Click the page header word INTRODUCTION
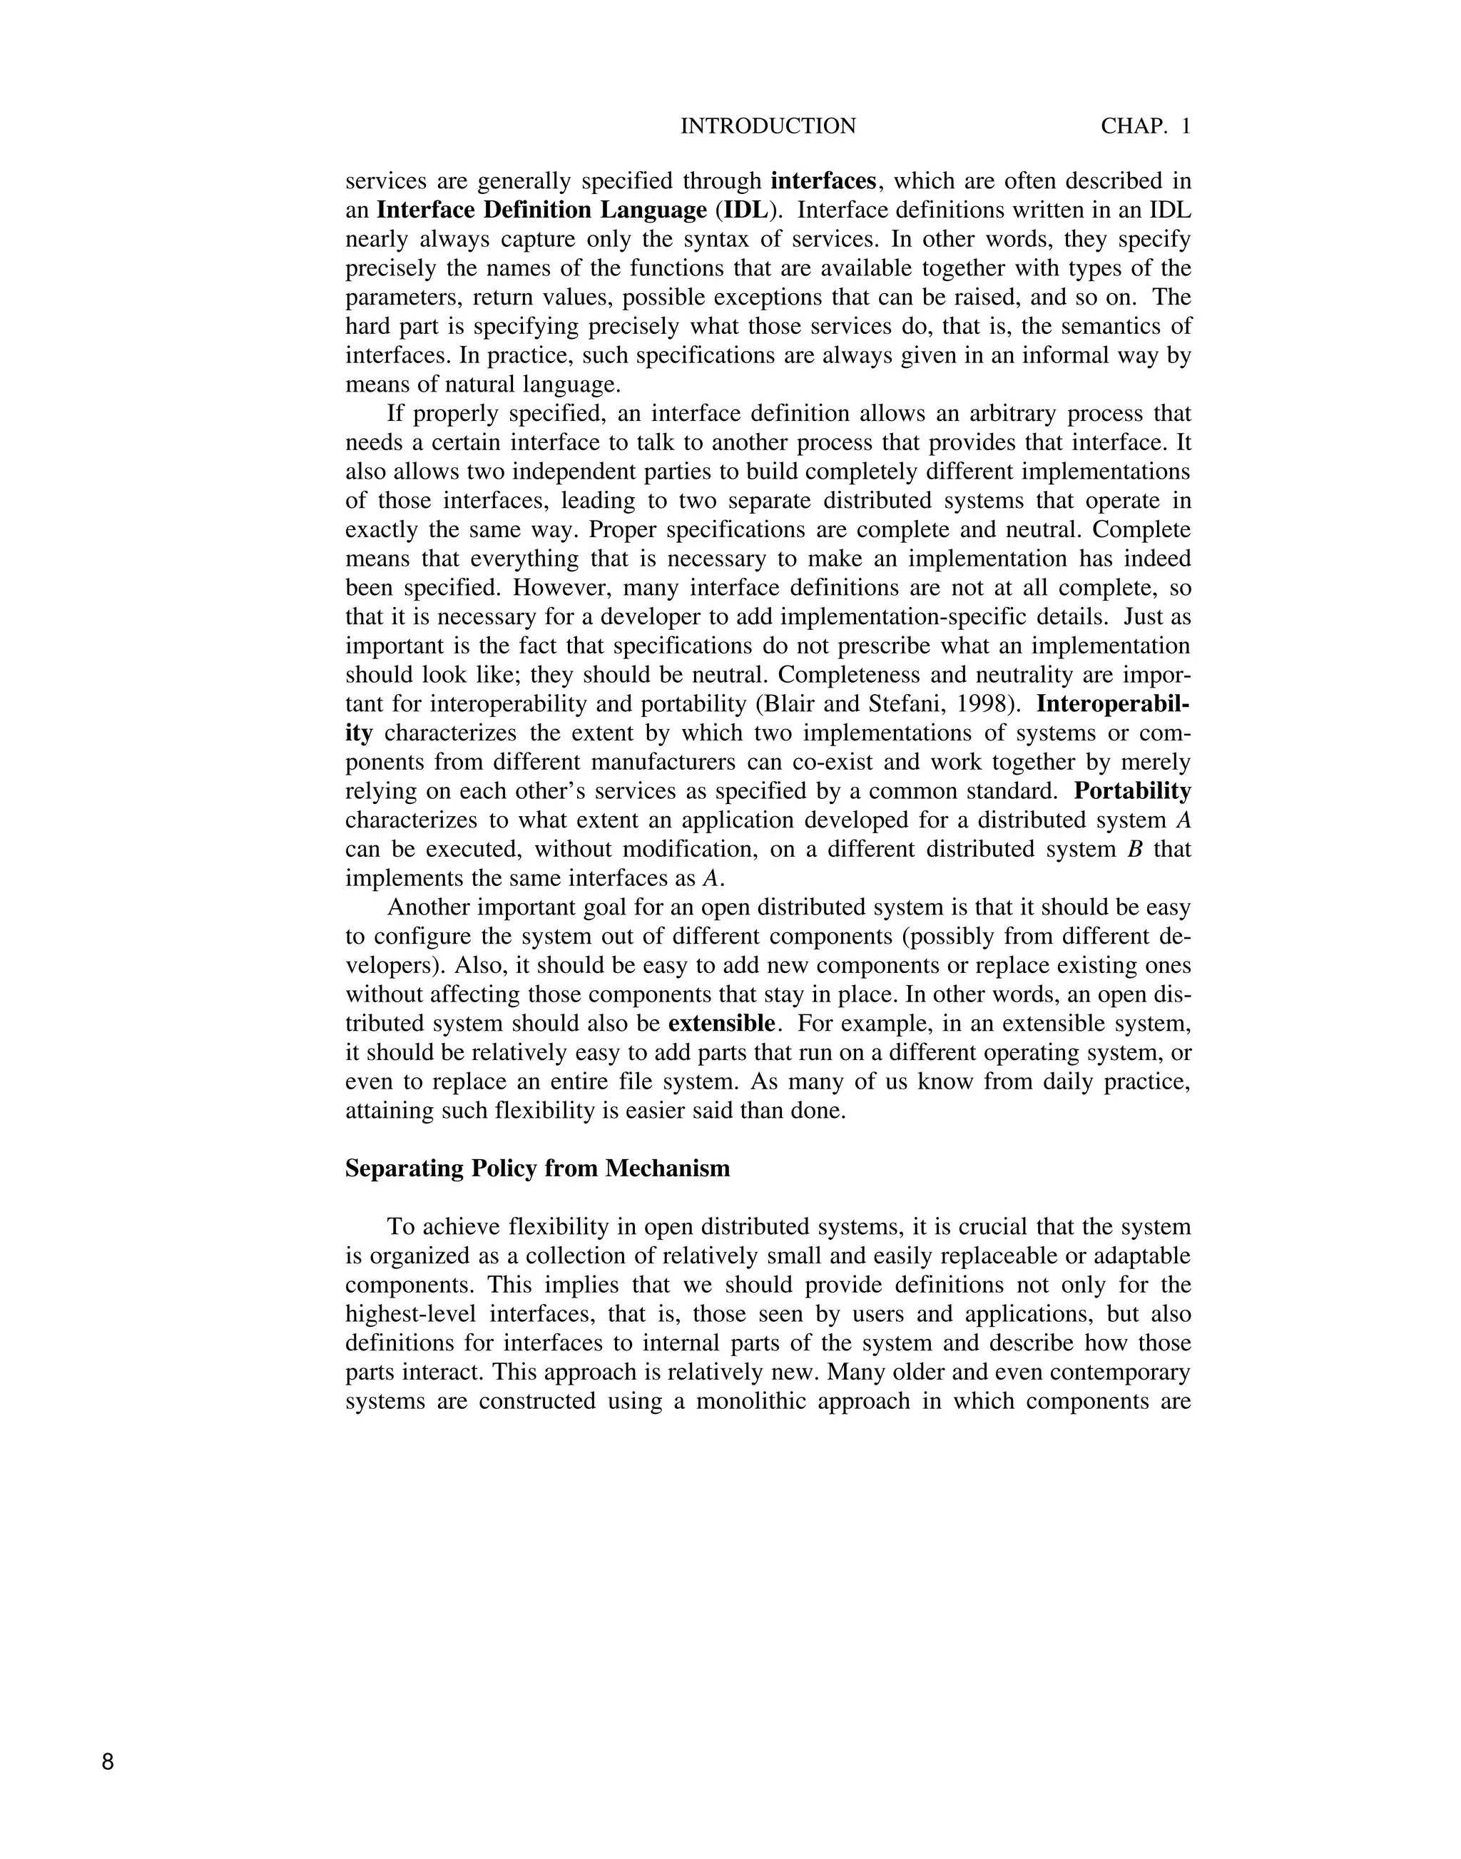(768, 126)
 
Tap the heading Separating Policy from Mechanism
(537, 1168)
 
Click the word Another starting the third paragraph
(429, 907)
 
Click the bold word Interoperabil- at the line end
(1113, 704)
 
